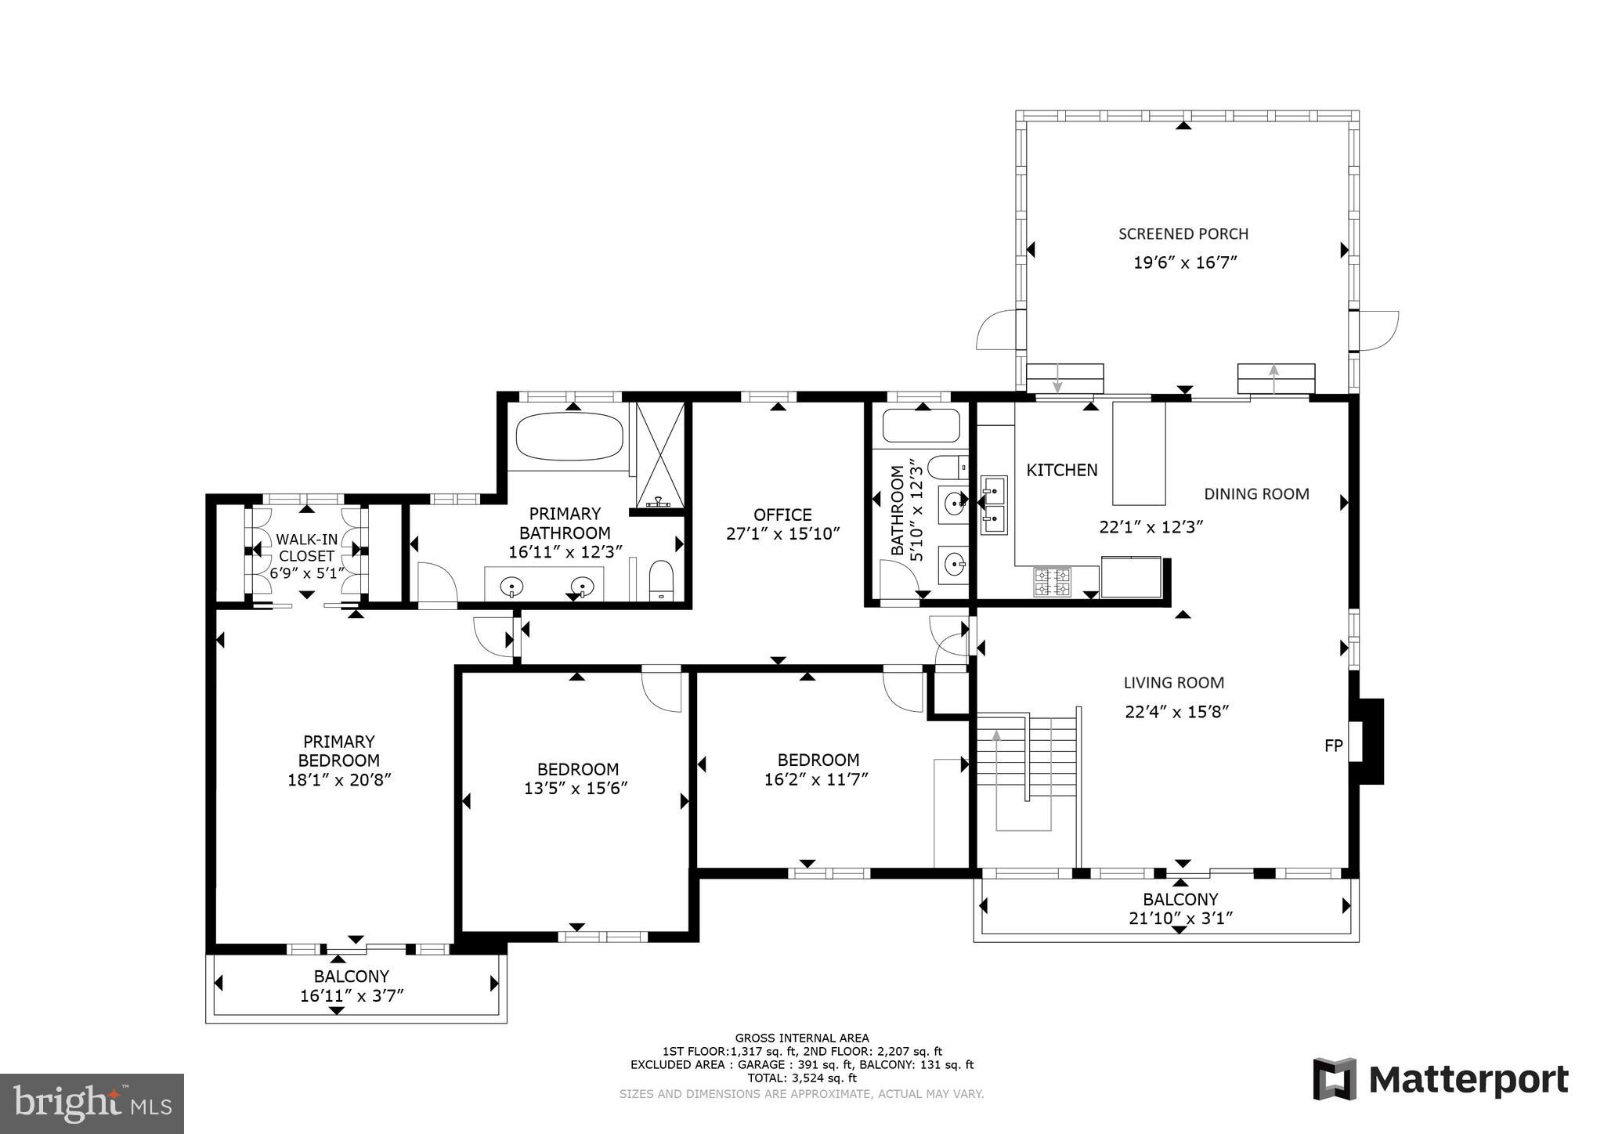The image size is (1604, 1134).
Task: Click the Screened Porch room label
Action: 1183,233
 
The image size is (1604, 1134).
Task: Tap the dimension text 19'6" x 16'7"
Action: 1184,262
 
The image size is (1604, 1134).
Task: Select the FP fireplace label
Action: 1333,746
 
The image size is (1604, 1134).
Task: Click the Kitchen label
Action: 1061,470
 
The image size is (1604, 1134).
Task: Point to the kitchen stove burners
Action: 1053,582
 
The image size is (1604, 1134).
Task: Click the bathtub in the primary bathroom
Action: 569,437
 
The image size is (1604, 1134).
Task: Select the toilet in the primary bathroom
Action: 662,580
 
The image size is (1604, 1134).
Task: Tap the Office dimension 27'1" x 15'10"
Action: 782,534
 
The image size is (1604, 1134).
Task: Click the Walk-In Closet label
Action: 306,547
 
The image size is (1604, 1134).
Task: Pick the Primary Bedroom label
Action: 338,750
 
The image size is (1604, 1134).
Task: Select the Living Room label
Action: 1173,683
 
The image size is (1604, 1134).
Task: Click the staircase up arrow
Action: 996,737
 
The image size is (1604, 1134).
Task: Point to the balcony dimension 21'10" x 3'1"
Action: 1181,919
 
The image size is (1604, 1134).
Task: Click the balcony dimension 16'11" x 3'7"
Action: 352,996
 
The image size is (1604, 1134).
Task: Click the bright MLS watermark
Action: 92,1104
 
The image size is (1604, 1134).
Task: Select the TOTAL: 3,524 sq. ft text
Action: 801,1078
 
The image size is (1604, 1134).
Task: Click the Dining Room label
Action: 1256,494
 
